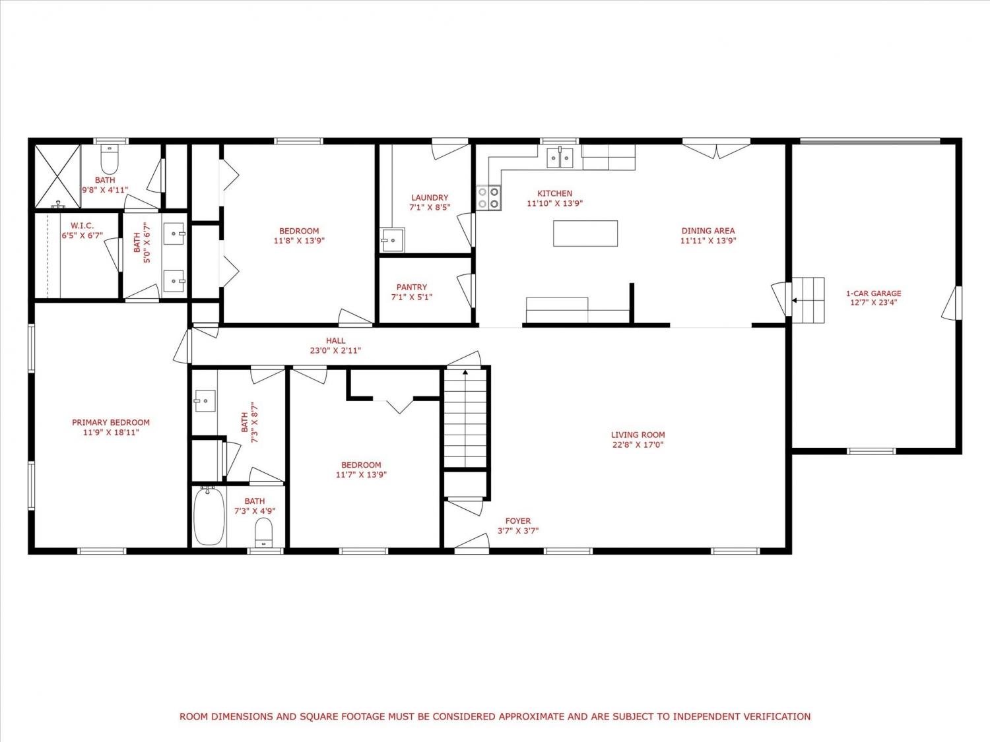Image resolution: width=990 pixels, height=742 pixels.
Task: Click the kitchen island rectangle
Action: click(x=585, y=233)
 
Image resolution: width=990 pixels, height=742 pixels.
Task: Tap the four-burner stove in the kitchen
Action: click(x=489, y=198)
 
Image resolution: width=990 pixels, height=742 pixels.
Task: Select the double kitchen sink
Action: click(x=560, y=158)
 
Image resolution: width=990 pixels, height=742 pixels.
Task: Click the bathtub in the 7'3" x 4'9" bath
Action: click(x=209, y=516)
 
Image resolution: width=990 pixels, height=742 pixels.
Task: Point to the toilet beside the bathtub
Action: click(x=264, y=532)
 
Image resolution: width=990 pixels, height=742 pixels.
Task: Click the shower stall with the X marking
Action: click(x=57, y=176)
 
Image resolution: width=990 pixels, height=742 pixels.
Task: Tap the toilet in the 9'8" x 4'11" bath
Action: click(x=109, y=160)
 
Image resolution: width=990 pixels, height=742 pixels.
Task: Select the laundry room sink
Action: click(x=393, y=239)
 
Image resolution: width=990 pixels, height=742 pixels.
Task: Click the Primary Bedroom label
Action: click(x=111, y=423)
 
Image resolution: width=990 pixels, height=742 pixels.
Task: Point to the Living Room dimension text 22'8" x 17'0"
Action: click(x=638, y=445)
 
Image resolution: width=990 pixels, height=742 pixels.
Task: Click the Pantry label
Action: click(x=412, y=287)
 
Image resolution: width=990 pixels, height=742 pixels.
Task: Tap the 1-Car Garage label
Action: click(x=874, y=294)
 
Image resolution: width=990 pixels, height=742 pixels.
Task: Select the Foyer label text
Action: click(x=518, y=521)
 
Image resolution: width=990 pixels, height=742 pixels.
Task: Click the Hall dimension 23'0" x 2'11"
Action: click(x=335, y=350)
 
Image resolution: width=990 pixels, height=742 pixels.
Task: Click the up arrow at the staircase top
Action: click(x=465, y=372)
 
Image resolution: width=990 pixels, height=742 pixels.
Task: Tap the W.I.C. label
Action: click(x=82, y=226)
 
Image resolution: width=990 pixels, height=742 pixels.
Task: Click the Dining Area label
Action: click(x=708, y=231)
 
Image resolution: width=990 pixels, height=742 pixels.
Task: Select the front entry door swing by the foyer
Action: click(x=472, y=541)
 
